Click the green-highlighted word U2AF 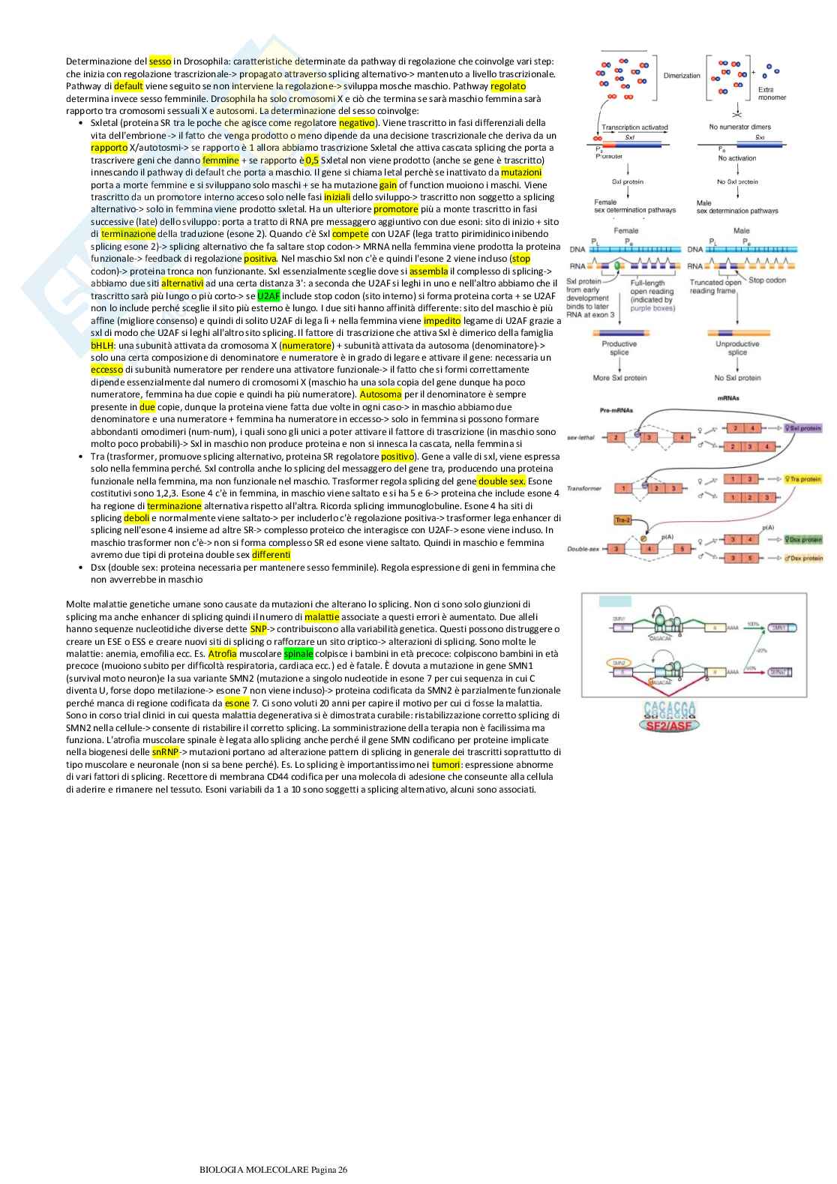tap(268, 295)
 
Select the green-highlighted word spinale tap(298, 654)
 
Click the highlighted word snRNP tap(165, 752)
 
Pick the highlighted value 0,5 tap(312, 160)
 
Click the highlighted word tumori tap(445, 764)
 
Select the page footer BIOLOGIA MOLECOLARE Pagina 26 tap(274, 1170)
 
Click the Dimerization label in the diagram tap(682, 76)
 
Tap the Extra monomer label tap(771, 94)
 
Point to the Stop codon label tap(767, 280)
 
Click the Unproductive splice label tap(737, 348)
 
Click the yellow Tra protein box tap(803, 478)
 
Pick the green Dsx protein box tap(803, 539)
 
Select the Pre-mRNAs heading tap(615, 411)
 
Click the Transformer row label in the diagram tap(584, 488)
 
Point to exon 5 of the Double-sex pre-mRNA tap(682, 549)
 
